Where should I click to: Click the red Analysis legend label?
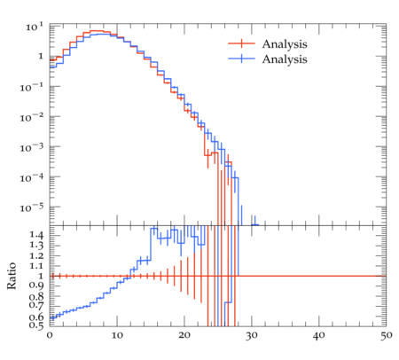click(x=285, y=44)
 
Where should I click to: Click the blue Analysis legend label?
click(x=285, y=59)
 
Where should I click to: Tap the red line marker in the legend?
click(x=241, y=43)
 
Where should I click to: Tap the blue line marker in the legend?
click(x=241, y=59)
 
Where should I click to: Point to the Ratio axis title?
click(x=12, y=276)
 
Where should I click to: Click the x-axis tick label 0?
click(x=50, y=335)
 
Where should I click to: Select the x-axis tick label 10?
click(x=117, y=335)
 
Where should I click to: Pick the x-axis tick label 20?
click(x=184, y=335)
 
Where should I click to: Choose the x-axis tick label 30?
click(x=252, y=335)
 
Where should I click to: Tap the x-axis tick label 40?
click(x=319, y=335)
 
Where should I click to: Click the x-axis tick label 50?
click(x=387, y=335)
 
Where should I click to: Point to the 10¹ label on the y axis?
click(x=35, y=27)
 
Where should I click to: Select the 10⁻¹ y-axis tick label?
click(x=32, y=87)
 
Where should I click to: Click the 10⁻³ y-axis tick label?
click(x=32, y=147)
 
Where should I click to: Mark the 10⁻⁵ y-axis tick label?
click(x=32, y=207)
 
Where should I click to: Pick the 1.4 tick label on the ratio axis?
click(x=36, y=236)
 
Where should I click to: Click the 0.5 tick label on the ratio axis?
click(x=36, y=325)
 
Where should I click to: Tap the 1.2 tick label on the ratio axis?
click(x=36, y=255)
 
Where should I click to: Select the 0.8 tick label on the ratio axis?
click(x=36, y=295)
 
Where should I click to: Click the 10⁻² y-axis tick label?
click(x=32, y=117)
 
